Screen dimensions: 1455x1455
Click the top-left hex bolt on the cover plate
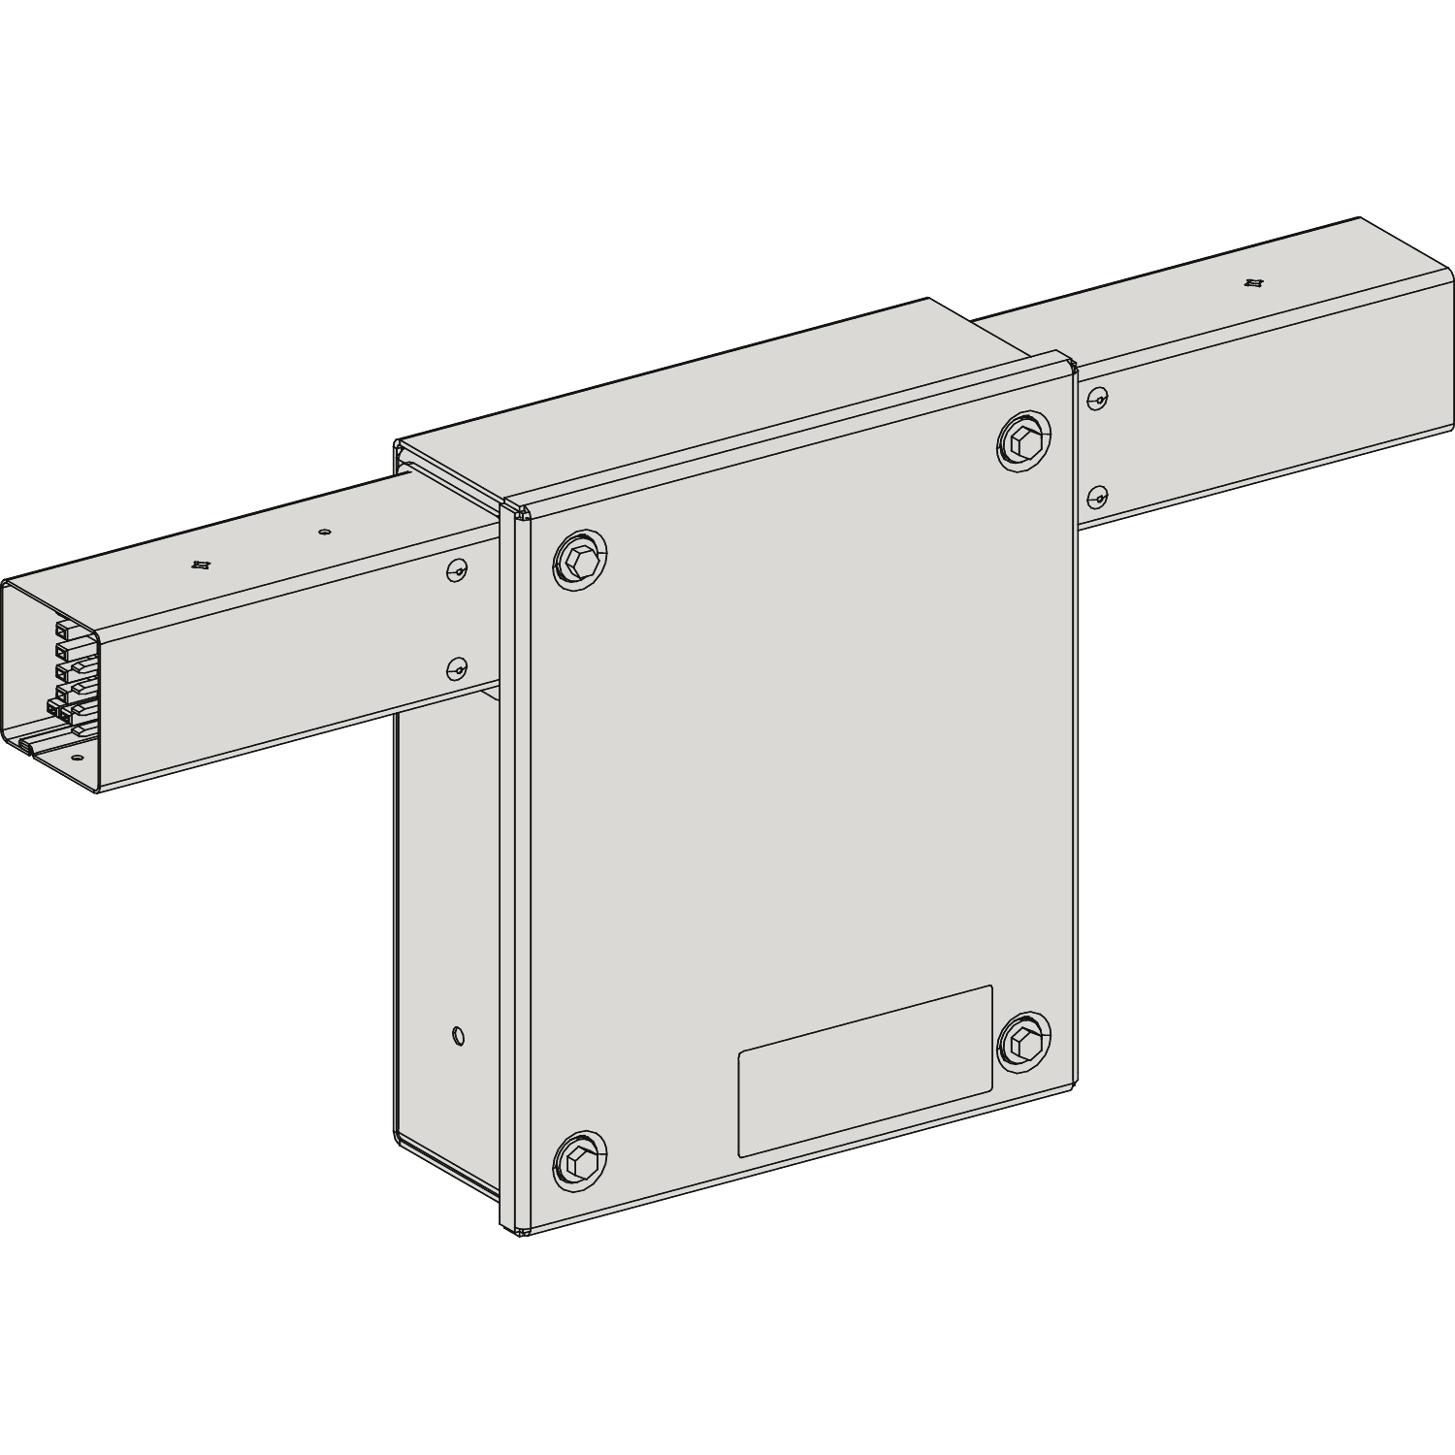tap(579, 561)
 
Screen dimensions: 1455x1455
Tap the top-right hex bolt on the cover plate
tap(1024, 442)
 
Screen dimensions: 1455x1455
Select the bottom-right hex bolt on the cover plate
tap(1024, 1044)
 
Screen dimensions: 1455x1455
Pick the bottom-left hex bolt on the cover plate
tap(579, 1160)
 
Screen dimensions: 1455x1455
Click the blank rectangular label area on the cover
tap(865, 1072)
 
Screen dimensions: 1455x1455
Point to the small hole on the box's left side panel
tap(458, 1036)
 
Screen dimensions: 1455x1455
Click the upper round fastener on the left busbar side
tap(457, 571)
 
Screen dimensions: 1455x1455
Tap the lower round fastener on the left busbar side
tap(457, 668)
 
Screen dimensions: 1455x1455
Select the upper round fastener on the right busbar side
tap(1097, 397)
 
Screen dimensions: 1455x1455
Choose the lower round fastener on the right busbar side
tap(1097, 498)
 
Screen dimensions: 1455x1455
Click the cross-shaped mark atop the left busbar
tap(201, 565)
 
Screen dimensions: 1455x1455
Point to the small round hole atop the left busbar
tap(324, 532)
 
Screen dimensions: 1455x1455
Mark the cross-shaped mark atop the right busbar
tap(1252, 283)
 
